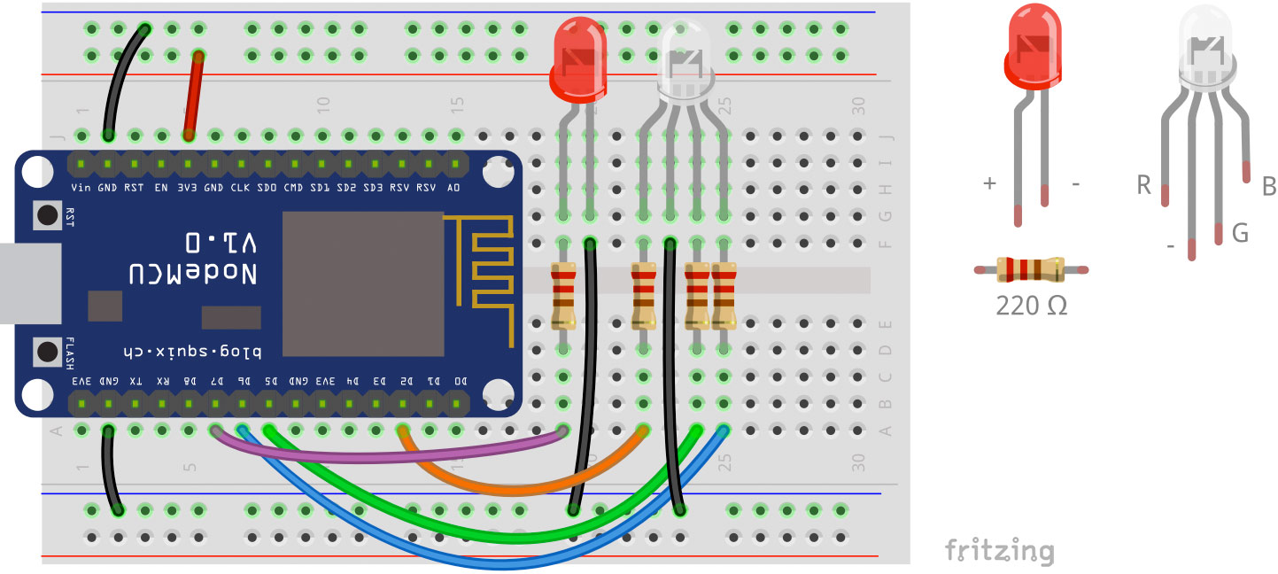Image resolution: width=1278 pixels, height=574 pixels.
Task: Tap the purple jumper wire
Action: (390, 454)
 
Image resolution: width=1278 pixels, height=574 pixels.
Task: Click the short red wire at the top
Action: (193, 96)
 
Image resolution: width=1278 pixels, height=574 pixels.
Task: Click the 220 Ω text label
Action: (1031, 306)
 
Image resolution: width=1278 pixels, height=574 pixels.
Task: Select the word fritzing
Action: (999, 550)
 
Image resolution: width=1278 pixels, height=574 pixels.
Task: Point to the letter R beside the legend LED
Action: (1143, 185)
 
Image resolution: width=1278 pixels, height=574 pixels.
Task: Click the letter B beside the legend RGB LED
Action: (1267, 186)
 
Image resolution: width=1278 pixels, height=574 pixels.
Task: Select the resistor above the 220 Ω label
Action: (1030, 269)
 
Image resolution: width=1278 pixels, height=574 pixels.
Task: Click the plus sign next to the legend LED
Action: (989, 183)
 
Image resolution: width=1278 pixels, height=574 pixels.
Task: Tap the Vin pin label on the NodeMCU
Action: (81, 188)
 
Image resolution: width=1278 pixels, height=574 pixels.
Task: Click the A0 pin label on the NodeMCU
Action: (453, 188)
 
